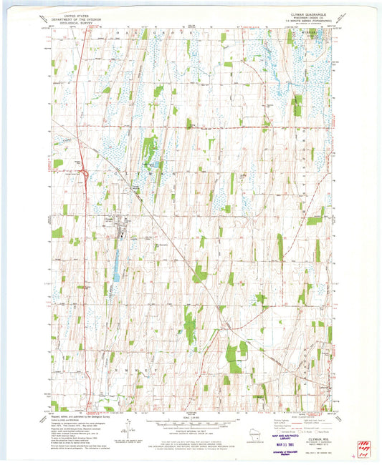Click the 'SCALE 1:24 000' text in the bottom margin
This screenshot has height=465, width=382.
190,418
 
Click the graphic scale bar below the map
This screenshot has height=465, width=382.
190,424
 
